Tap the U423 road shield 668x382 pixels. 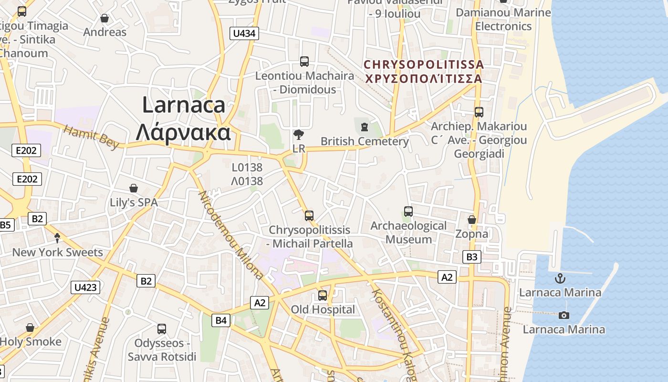[x=86, y=287]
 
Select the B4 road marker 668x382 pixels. [x=221, y=320]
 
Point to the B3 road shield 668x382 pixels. [x=471, y=257]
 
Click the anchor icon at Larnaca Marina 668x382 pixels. [x=560, y=278]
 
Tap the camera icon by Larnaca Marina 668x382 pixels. [x=564, y=315]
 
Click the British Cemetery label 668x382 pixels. [x=365, y=141]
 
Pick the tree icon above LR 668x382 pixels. [x=299, y=135]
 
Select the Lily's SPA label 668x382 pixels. [x=134, y=202]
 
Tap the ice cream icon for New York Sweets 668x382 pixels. [x=58, y=238]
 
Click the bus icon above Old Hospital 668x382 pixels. [x=323, y=296]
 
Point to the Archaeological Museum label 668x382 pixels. [x=408, y=232]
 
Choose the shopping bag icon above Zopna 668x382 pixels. [x=471, y=220]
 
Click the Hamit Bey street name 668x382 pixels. [x=91, y=137]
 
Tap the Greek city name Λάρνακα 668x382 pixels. [x=183, y=132]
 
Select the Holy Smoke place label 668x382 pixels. [x=31, y=342]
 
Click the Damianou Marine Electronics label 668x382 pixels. [x=503, y=19]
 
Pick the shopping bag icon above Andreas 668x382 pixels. [x=104, y=19]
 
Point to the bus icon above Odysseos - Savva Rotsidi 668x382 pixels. [x=162, y=329]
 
